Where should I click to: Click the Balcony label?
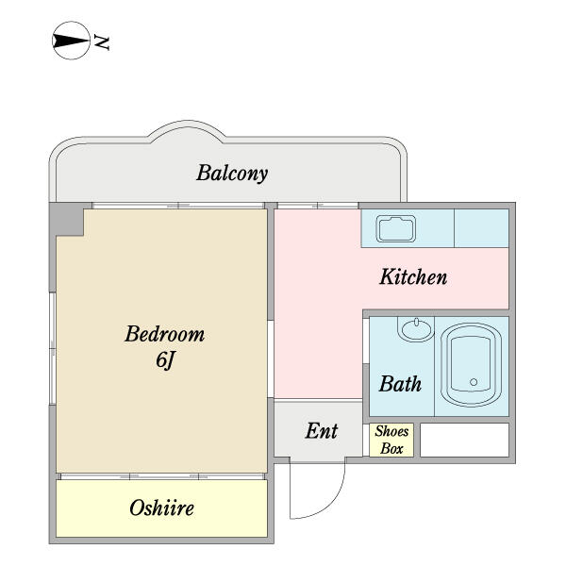232,174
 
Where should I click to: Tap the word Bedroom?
164,334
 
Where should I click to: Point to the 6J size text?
165,360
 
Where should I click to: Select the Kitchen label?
413,277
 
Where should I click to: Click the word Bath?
400,384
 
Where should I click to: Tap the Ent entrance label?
322,431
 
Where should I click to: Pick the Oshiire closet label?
161,508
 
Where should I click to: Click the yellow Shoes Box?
391,440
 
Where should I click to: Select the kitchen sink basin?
396,229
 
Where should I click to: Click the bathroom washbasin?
416,329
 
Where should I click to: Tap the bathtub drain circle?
474,382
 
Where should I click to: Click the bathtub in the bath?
471,364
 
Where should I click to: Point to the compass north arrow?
71,41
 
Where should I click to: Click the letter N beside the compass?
102,42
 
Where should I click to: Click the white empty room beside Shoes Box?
464,440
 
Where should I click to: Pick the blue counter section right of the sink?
481,228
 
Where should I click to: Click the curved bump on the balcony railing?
188,131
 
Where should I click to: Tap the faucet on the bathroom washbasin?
416,322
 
